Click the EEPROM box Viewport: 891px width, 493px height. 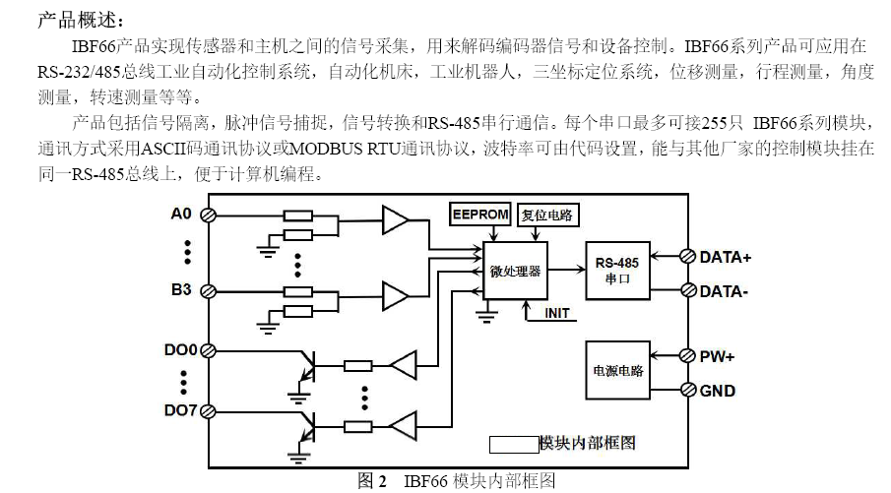coord(477,215)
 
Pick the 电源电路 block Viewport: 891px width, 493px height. coord(617,371)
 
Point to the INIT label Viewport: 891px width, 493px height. coord(556,313)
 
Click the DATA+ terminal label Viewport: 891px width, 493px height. coord(726,257)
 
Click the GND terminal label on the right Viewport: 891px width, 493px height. coord(718,391)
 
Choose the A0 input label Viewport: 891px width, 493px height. coord(181,214)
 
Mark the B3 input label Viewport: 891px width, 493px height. coord(181,290)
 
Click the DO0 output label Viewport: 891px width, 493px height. coord(180,349)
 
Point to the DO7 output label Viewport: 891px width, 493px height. coord(180,409)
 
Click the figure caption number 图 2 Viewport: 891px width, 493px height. coord(371,481)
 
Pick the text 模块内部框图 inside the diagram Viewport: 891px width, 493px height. coord(588,444)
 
